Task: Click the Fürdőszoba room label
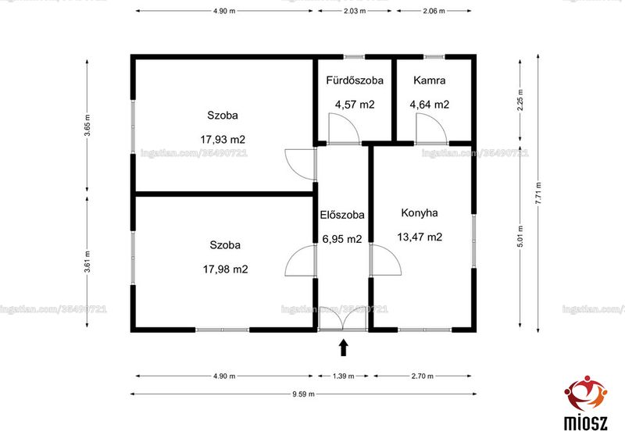click(x=355, y=80)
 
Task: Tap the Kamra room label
click(x=429, y=80)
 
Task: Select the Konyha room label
click(x=420, y=213)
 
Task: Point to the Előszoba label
click(x=342, y=215)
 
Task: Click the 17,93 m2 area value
click(x=223, y=140)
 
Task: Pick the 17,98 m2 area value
click(x=225, y=269)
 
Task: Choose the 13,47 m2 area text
click(x=420, y=237)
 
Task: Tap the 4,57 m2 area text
click(x=355, y=105)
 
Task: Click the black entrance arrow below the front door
click(x=344, y=348)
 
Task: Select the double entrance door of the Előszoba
click(x=343, y=319)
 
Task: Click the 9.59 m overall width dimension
click(x=303, y=394)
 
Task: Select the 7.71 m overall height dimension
click(x=538, y=193)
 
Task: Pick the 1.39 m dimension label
click(x=343, y=376)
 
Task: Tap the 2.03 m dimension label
click(x=355, y=11)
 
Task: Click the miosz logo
click(x=585, y=402)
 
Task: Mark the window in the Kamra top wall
click(x=434, y=57)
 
